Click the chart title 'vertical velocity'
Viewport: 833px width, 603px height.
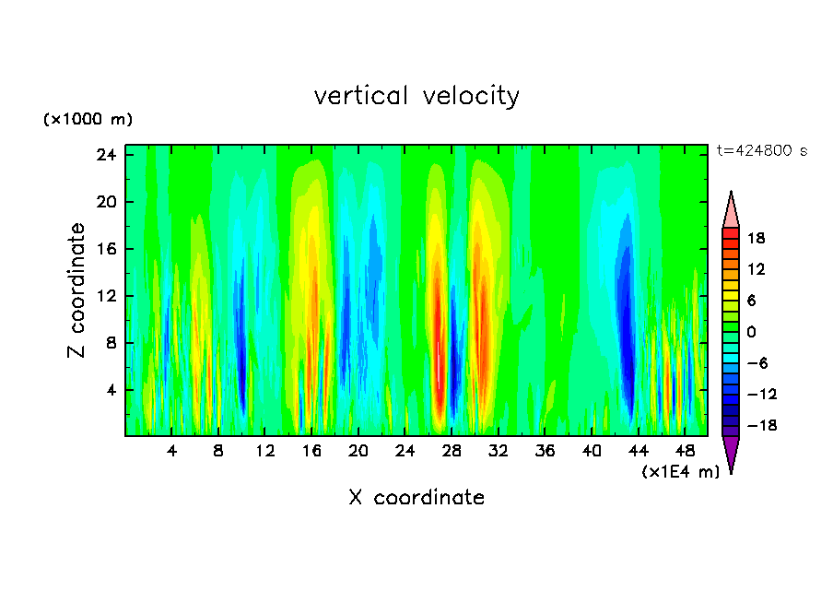point(416,96)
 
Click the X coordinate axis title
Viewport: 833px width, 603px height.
point(416,498)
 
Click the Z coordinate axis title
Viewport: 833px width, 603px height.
point(77,290)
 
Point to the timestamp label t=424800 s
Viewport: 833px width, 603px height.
point(761,150)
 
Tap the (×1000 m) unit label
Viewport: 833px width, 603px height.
point(88,120)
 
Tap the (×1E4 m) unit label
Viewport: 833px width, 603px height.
point(680,472)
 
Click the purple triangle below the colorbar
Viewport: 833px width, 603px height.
point(731,454)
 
